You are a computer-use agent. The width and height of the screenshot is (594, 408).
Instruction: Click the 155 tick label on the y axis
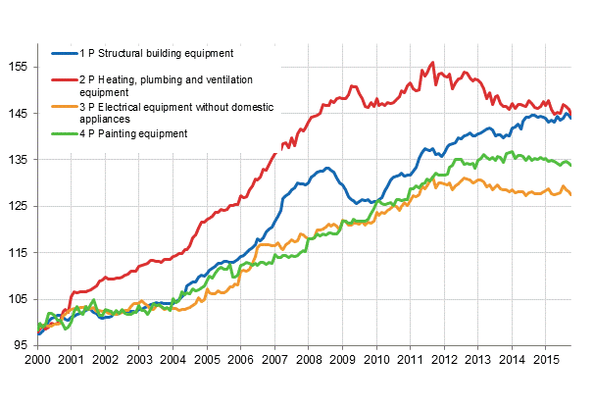click(x=19, y=67)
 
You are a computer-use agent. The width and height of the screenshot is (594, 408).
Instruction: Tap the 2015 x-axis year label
click(x=545, y=361)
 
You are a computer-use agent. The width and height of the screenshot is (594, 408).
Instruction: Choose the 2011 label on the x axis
click(x=410, y=361)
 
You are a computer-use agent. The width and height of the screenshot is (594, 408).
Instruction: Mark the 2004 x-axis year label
click(x=173, y=361)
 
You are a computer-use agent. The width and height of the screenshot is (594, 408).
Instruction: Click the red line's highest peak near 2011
click(x=432, y=63)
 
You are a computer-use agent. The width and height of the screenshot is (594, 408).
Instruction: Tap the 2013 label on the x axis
click(x=477, y=361)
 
